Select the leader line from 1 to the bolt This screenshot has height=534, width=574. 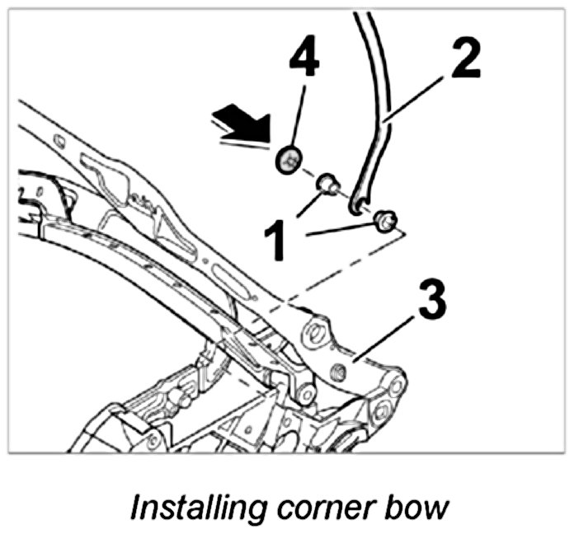[x=342, y=230]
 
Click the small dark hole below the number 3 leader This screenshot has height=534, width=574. [x=336, y=376]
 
